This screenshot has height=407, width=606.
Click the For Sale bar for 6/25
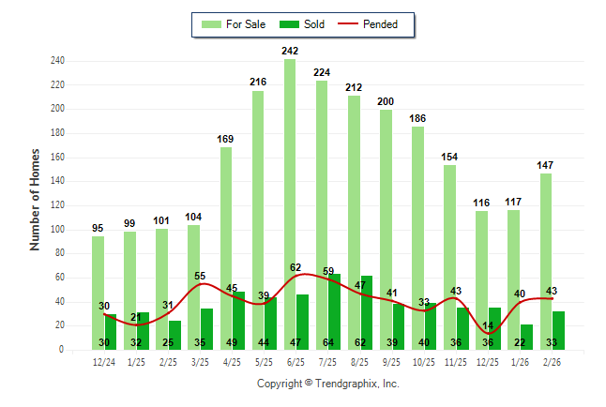(x=290, y=188)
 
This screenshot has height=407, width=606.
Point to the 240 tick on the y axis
(x=57, y=61)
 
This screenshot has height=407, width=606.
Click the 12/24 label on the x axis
(x=104, y=361)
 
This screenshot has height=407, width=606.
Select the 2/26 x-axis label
(x=552, y=361)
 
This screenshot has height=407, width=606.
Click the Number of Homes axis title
(x=36, y=199)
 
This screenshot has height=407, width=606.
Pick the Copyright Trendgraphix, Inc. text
(x=328, y=384)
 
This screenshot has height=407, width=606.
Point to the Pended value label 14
(x=488, y=325)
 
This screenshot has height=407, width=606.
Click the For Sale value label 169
(x=226, y=139)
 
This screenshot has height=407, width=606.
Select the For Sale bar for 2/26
(x=545, y=253)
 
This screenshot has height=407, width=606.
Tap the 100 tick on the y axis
(x=57, y=229)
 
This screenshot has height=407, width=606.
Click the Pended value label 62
(x=295, y=267)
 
